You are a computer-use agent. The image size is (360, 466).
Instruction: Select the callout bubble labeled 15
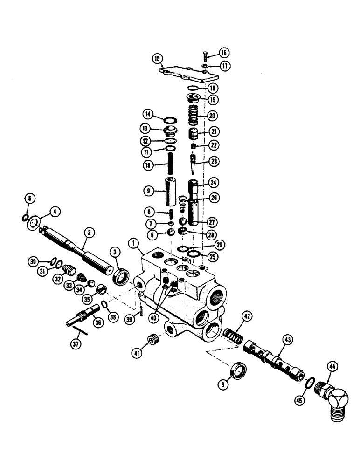(x=157, y=58)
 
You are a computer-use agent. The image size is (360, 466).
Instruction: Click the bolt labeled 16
(x=206, y=58)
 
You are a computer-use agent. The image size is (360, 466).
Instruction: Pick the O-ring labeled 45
(x=306, y=383)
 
